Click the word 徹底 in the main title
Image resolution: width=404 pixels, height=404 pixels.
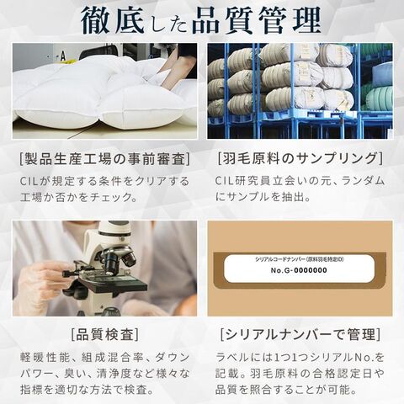point(113,20)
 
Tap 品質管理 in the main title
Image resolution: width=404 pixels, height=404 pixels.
point(257,20)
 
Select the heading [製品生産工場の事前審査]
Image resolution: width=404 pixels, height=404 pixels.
point(105,159)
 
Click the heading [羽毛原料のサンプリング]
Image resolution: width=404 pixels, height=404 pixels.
point(300,158)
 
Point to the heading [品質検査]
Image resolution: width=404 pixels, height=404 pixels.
point(105,334)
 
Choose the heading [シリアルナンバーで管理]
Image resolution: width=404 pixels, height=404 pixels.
point(300,334)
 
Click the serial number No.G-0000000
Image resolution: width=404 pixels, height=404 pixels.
point(299,270)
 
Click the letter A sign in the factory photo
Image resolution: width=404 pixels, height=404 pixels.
point(63,56)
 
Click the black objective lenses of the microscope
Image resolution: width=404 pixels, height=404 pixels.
point(120,259)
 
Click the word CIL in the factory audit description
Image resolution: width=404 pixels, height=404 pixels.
point(28,181)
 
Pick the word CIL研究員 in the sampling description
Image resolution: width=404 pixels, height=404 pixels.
point(243,181)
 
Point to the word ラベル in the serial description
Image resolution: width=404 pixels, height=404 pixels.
point(232,358)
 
